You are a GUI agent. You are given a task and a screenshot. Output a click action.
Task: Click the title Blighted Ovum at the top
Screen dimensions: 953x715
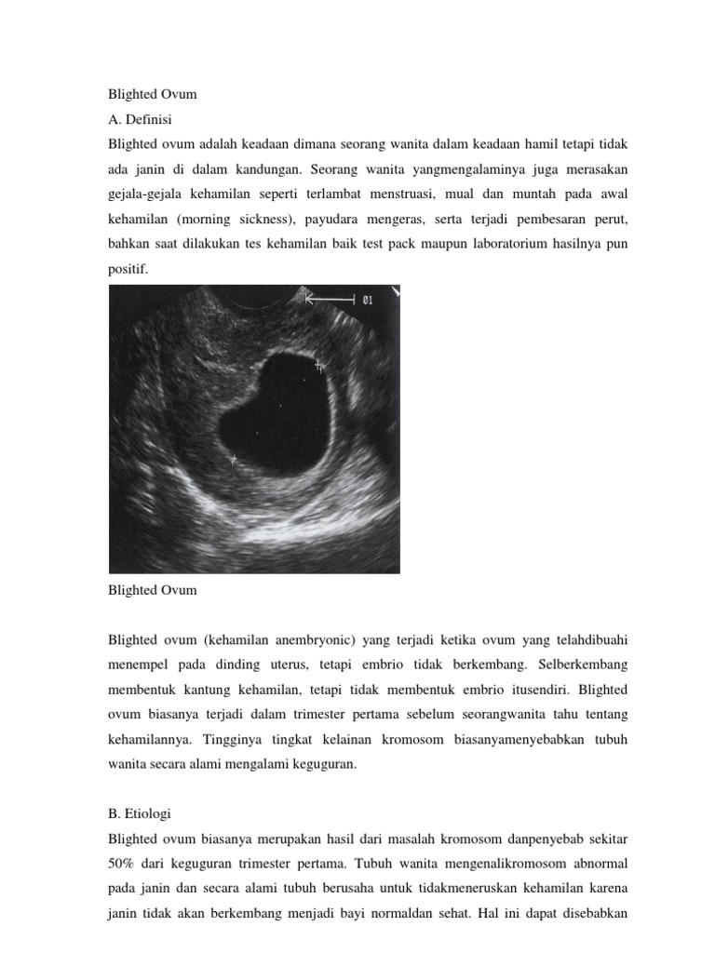click(x=153, y=94)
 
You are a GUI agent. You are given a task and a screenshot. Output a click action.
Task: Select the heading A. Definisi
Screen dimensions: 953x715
click(x=141, y=120)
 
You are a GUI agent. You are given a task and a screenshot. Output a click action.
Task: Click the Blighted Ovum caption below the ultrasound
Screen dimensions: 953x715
click(x=153, y=590)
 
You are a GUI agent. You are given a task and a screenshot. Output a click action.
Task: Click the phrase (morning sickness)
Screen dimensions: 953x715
click(x=240, y=220)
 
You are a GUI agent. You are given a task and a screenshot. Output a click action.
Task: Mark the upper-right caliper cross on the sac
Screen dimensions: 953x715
click(x=318, y=366)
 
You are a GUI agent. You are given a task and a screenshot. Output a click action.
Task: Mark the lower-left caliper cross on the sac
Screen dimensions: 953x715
click(x=234, y=459)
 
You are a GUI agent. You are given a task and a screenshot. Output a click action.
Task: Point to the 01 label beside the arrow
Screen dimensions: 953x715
click(x=368, y=300)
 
